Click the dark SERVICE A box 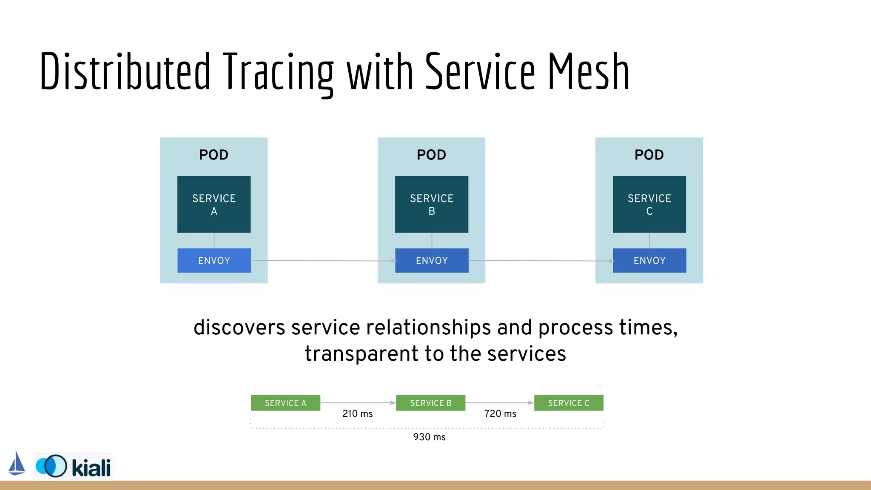pyautogui.click(x=214, y=204)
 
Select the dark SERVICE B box pyautogui.click(x=432, y=204)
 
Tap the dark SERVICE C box pyautogui.click(x=649, y=204)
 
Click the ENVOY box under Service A pyautogui.click(x=214, y=260)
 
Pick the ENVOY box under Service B pyautogui.click(x=432, y=260)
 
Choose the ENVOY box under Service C pyautogui.click(x=649, y=260)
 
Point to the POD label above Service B pyautogui.click(x=431, y=155)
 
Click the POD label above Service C pyautogui.click(x=649, y=155)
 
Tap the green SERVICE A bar pyautogui.click(x=285, y=403)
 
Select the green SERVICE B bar pyautogui.click(x=430, y=403)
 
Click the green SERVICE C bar pyautogui.click(x=569, y=403)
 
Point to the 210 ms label pyautogui.click(x=357, y=413)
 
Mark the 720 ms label pyautogui.click(x=500, y=413)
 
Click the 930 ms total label pyautogui.click(x=429, y=437)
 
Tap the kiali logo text pyautogui.click(x=91, y=468)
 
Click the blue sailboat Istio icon pyautogui.click(x=17, y=464)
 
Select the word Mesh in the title pyautogui.click(x=588, y=71)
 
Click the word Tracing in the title pyautogui.click(x=279, y=71)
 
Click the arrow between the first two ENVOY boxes pyautogui.click(x=323, y=260)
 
